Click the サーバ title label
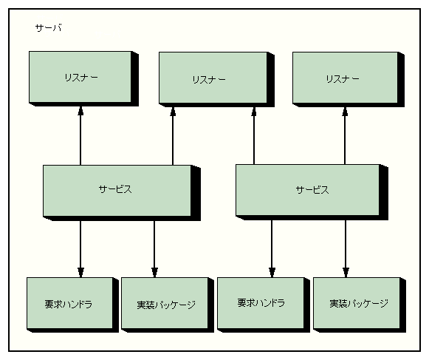[49, 28]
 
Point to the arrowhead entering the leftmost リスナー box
[80, 111]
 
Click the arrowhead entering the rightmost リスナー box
[345, 111]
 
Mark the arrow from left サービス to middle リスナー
[173, 136]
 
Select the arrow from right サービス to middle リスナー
[254, 136]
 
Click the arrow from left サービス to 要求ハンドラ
[80, 249]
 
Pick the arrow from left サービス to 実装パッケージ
[154, 249]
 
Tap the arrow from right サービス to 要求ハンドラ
[272, 249]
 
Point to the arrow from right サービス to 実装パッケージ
[346, 249]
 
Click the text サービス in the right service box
[312, 190]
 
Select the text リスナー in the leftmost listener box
[81, 78]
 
